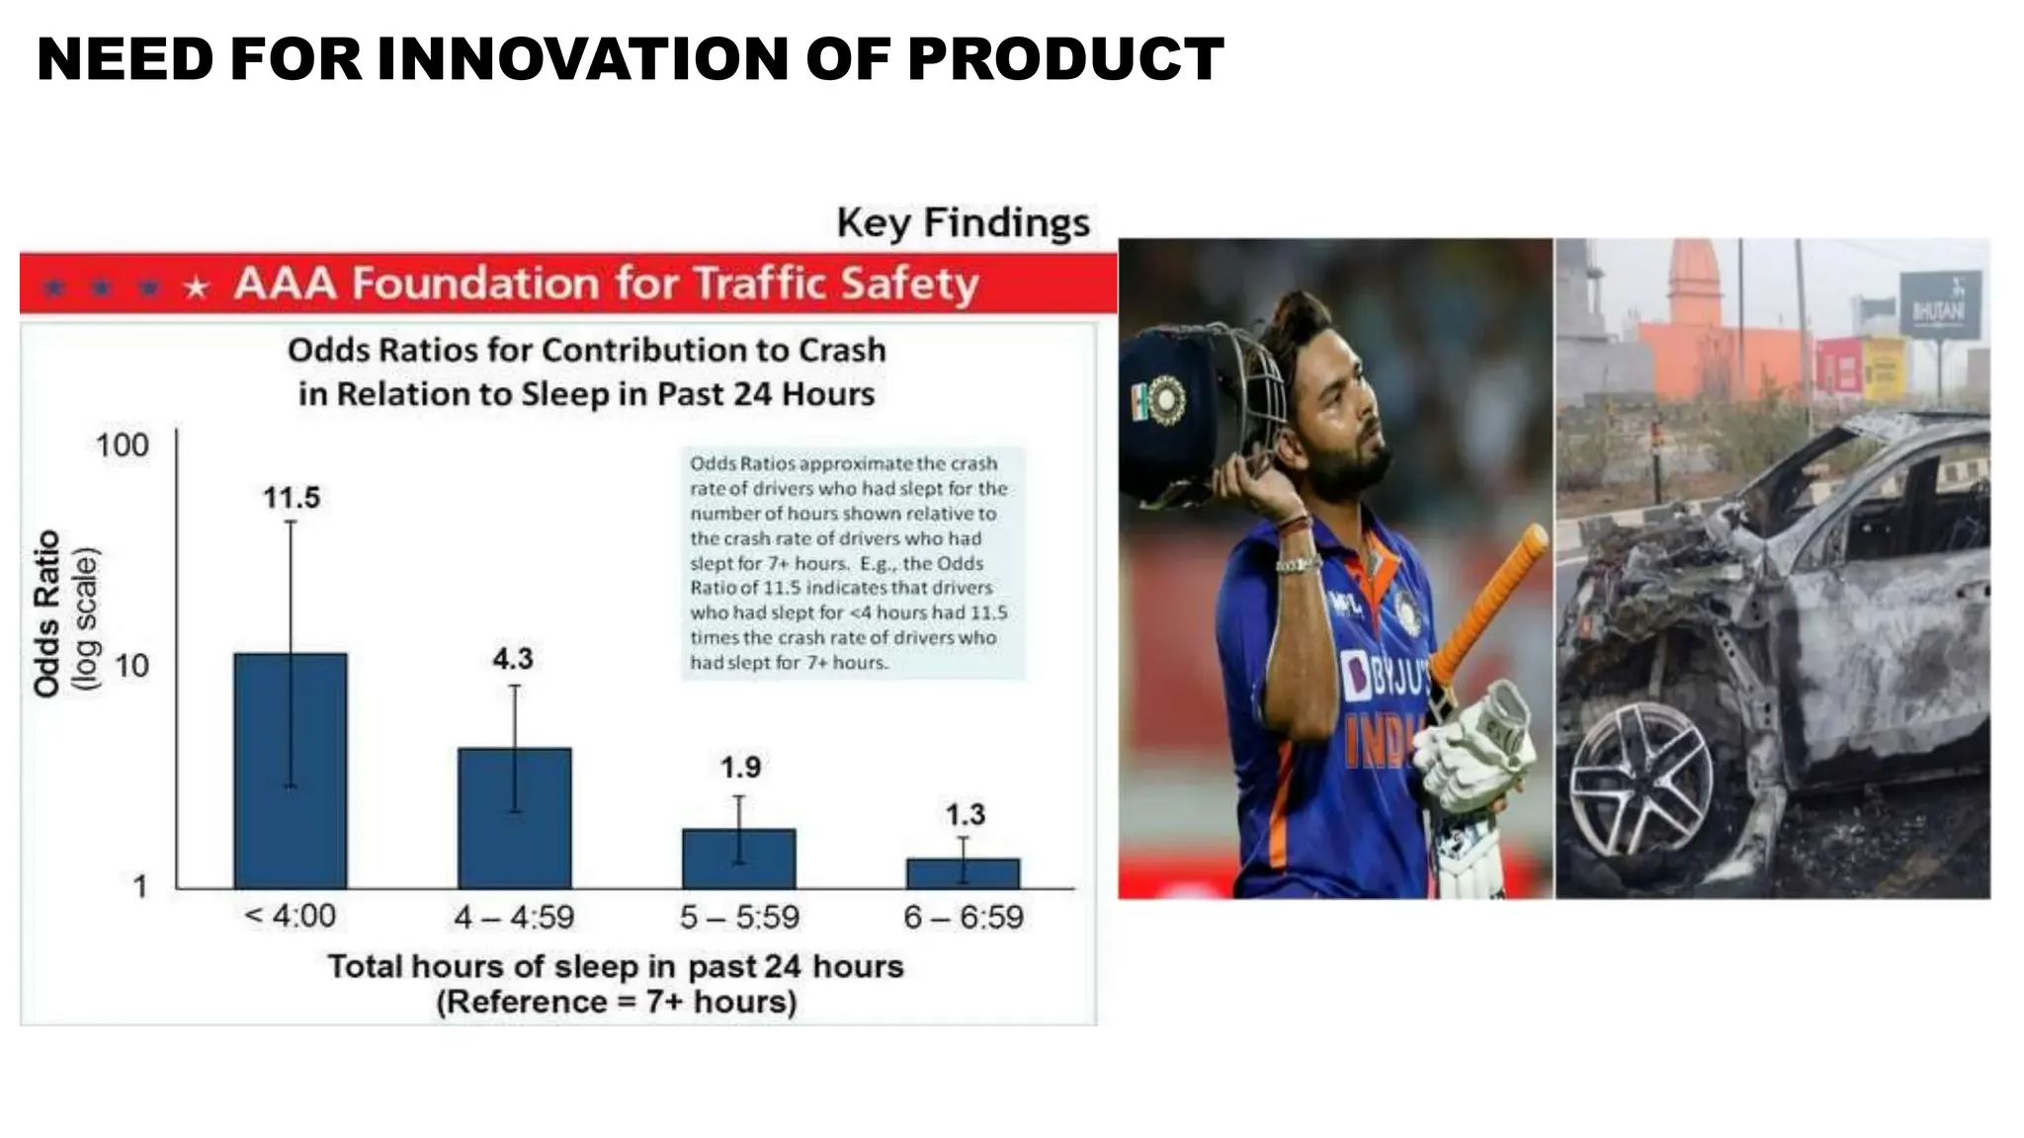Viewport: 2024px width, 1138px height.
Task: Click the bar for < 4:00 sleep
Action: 291,771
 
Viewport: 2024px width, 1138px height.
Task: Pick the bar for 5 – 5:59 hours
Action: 739,858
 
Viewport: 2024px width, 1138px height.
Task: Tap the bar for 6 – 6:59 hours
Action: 964,873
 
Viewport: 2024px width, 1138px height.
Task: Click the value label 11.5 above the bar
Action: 292,497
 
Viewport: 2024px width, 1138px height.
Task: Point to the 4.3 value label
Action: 513,658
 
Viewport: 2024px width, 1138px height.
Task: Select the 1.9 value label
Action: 740,767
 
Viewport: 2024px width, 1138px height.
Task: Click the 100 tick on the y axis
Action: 123,446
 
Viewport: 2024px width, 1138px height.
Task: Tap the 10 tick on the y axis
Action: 131,666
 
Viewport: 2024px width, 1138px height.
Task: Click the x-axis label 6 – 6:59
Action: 964,917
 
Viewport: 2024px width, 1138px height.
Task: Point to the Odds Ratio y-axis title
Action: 47,612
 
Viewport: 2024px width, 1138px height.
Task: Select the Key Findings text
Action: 964,222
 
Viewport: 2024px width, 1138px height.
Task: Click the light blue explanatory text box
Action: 852,563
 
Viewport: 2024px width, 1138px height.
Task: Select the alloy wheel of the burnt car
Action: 1641,780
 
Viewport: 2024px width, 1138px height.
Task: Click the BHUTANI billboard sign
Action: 1940,304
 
